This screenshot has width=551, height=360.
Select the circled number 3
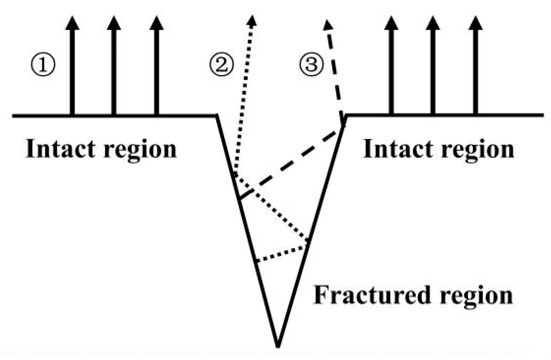(x=311, y=65)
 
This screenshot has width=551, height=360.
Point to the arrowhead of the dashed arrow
(x=327, y=25)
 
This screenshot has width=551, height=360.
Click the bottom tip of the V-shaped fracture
(x=277, y=346)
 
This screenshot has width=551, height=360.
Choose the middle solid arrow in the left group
(x=114, y=69)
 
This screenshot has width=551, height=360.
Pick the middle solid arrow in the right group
(x=433, y=69)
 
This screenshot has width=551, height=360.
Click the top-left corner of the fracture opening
(x=217, y=116)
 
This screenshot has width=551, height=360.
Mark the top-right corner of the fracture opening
(x=345, y=116)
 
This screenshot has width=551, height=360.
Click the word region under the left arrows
(x=140, y=150)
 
